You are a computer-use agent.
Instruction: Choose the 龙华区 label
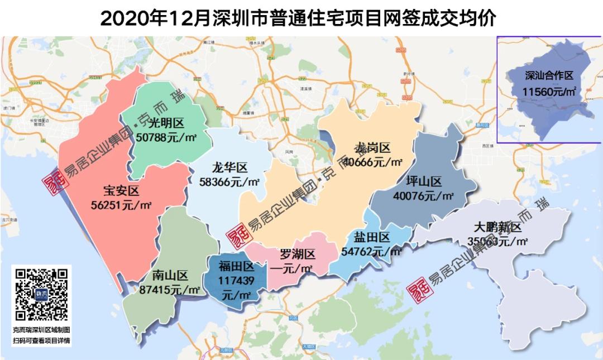[229, 167]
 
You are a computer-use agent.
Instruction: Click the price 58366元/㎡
[229, 181]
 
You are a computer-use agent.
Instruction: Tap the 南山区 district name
[169, 276]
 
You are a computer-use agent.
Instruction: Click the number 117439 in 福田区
[237, 280]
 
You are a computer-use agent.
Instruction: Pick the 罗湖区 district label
[296, 255]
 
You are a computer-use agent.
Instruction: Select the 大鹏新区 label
[497, 228]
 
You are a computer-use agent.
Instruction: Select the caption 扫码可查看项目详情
[41, 341]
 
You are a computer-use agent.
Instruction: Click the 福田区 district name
[236, 267]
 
